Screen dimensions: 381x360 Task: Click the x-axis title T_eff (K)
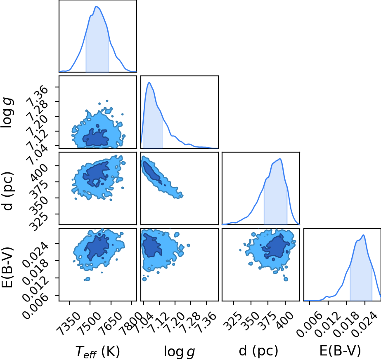[98, 351]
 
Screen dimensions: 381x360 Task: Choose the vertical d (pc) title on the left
[8, 191]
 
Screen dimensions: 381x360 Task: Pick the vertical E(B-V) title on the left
[7, 267]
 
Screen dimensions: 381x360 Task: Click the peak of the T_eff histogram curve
[97, 6]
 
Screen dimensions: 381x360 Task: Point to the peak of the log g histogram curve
[149, 82]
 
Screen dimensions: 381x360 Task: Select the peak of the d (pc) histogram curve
[280, 159]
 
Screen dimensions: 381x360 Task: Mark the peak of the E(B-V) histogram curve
[363, 235]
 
